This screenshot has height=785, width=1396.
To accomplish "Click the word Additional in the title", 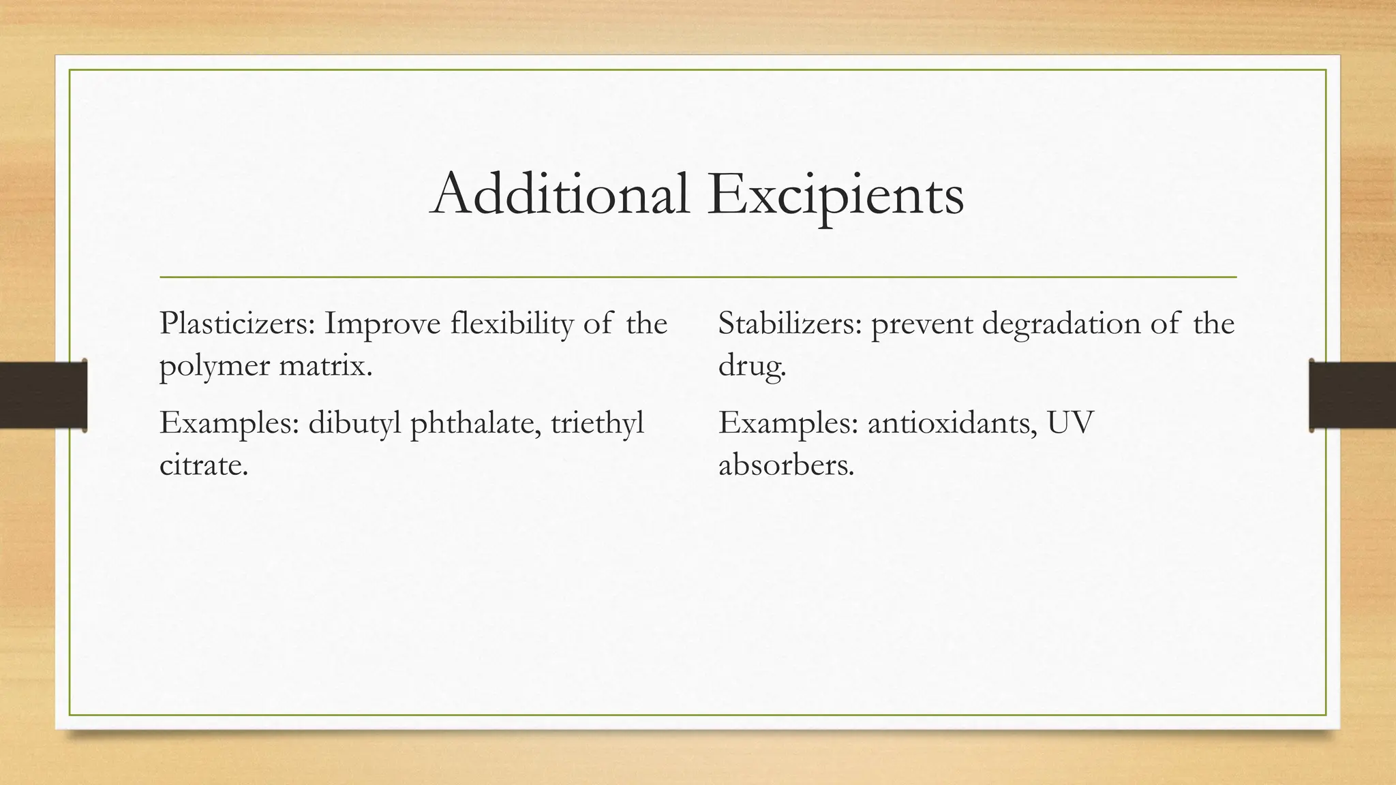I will [560, 195].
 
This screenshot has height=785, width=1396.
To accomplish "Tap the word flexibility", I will [512, 323].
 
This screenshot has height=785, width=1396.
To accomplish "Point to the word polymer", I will [215, 367].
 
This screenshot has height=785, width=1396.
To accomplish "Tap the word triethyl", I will [597, 423].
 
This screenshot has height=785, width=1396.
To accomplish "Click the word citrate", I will [203, 465].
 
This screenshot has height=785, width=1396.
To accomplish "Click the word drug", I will [751, 367].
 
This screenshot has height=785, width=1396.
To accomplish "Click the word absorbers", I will [786, 465].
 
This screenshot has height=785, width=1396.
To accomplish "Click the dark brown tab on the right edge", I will [1352, 395].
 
